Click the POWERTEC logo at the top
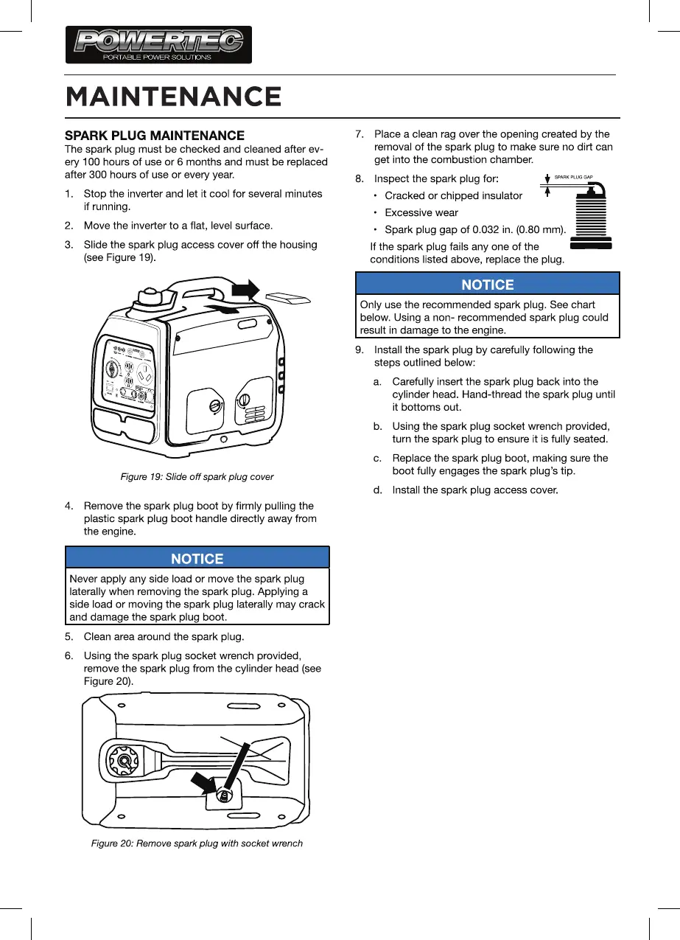click(x=158, y=44)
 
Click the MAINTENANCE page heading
click(x=173, y=97)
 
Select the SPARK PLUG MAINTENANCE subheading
click(x=155, y=136)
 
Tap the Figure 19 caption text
click(x=197, y=477)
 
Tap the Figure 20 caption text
click(x=197, y=843)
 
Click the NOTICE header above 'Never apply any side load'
click(x=197, y=558)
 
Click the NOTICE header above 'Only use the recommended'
click(x=487, y=284)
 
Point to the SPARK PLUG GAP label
click(x=574, y=178)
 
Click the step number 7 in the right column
click(x=360, y=134)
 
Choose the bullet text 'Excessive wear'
click(x=421, y=213)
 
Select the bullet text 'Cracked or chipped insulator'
click(x=453, y=195)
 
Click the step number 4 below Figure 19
click(x=69, y=506)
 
